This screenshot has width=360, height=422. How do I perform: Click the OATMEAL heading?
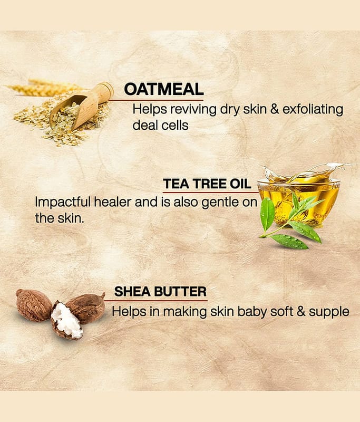[163, 89]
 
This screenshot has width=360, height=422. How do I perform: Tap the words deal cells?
[161, 126]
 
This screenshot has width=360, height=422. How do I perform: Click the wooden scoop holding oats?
[81, 106]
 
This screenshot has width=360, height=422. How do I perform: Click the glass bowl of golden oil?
[299, 200]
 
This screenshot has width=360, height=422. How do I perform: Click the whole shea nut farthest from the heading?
[34, 305]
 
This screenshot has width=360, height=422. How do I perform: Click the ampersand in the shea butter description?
[301, 312]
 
